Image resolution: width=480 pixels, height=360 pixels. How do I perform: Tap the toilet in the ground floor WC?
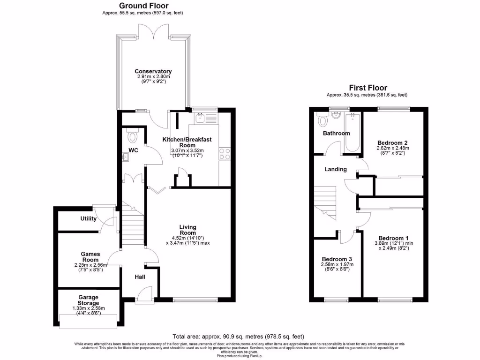pos(133,137)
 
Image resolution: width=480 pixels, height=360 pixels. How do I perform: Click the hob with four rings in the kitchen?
pos(224,154)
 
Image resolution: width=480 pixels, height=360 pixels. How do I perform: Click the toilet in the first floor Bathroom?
pos(323,121)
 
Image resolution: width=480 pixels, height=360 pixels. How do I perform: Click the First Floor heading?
pos(368,88)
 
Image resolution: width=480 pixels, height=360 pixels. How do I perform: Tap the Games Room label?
pos(90,256)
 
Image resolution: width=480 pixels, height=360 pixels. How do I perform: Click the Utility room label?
pos(88,218)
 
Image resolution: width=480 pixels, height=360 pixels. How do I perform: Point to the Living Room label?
pos(187,230)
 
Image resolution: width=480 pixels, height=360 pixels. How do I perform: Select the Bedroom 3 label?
pos(337,259)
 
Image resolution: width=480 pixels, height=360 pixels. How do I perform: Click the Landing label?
pos(336,169)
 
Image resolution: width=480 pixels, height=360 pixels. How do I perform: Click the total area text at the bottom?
pos(238,337)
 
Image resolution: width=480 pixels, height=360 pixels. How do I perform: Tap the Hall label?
pos(140,277)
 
